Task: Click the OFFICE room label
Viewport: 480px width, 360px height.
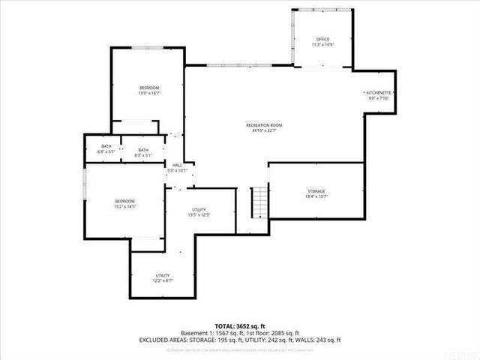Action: click(x=322, y=39)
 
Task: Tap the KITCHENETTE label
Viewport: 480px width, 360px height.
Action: click(x=380, y=92)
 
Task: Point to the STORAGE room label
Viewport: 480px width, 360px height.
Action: click(x=316, y=191)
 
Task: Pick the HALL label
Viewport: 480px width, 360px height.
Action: click(x=178, y=165)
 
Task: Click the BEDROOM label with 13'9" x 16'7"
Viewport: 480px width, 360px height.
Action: click(x=149, y=88)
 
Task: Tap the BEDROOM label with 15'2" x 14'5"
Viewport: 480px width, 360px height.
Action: click(x=124, y=200)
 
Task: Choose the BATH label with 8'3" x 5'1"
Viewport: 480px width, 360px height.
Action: click(x=143, y=149)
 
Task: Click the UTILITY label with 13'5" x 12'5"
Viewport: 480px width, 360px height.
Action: click(x=199, y=209)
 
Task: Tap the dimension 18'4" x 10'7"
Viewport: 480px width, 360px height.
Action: click(x=316, y=197)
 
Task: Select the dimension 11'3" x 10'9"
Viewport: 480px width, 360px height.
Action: click(x=322, y=45)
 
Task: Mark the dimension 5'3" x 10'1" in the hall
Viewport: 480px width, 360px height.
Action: click(x=178, y=171)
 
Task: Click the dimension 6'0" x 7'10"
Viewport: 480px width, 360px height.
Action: click(x=380, y=98)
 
